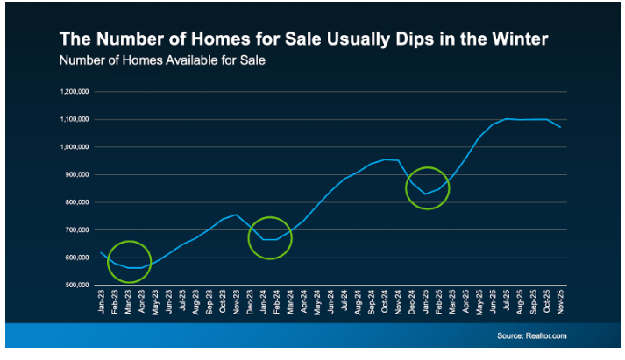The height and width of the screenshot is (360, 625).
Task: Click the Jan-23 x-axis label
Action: pyautogui.click(x=103, y=303)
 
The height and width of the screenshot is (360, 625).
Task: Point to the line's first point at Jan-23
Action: pyautogui.click(x=102, y=252)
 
